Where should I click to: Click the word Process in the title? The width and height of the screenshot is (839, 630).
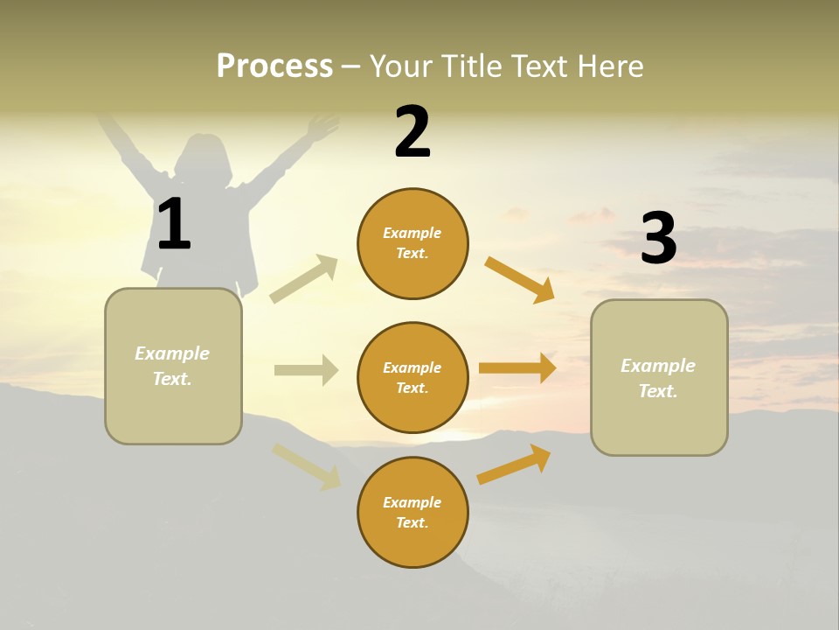click(x=274, y=66)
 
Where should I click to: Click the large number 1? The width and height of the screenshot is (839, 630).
click(x=174, y=224)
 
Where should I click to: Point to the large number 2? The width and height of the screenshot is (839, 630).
click(x=413, y=132)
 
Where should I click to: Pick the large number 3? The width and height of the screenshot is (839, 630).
click(x=658, y=238)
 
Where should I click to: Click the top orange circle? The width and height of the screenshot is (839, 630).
click(x=413, y=243)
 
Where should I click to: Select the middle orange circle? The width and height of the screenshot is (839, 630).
click(x=413, y=377)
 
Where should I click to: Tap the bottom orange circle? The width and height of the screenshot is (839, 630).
click(x=413, y=512)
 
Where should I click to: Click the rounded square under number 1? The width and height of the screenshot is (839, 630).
click(x=173, y=366)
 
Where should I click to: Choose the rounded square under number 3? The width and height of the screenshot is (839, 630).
click(x=659, y=377)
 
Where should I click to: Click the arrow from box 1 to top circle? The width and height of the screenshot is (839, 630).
click(x=304, y=278)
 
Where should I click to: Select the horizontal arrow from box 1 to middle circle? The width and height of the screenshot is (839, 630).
click(x=306, y=370)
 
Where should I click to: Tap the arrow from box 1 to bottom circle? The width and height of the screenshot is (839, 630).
click(x=307, y=466)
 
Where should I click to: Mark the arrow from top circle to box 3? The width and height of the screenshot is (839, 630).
click(x=520, y=279)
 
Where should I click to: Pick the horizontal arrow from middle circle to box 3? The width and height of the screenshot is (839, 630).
click(x=517, y=367)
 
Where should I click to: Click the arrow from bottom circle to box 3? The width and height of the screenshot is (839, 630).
click(x=514, y=464)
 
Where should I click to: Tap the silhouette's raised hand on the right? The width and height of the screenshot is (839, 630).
click(x=322, y=128)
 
